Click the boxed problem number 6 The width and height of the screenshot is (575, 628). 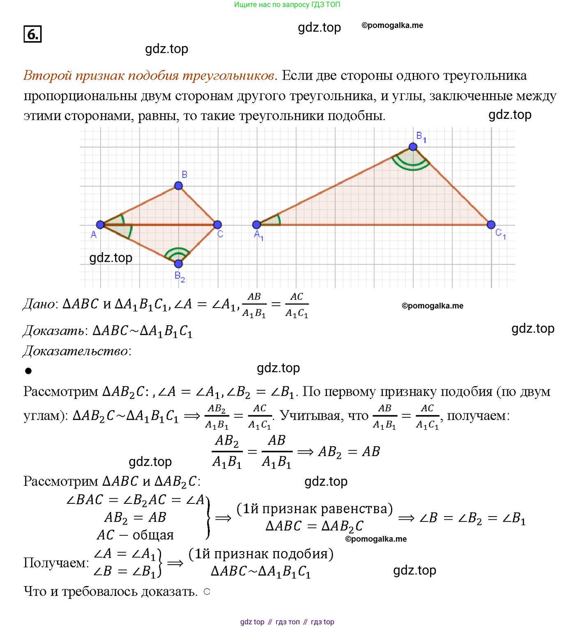32,34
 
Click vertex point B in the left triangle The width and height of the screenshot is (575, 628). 178,185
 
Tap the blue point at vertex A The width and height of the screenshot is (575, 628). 100,225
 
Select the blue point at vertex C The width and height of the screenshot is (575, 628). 218,225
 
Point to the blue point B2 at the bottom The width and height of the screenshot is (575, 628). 178,264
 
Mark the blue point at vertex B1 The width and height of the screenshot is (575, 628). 413,147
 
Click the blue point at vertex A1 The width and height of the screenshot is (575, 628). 257,225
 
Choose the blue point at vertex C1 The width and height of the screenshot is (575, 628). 491,225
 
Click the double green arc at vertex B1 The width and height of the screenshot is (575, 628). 412,165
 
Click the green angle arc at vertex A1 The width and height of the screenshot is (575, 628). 279,220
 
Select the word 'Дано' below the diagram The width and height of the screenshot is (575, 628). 39,304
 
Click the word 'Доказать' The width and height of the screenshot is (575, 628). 54,331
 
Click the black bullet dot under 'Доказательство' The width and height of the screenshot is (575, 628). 28,371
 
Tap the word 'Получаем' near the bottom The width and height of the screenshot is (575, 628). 55,563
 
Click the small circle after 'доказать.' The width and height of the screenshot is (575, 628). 207,592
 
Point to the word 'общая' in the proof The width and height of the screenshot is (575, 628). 153,535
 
